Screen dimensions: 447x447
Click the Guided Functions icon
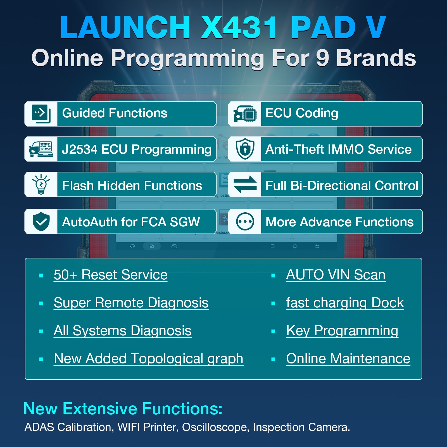[x=41, y=114]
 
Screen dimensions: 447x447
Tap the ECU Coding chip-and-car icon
[x=245, y=114]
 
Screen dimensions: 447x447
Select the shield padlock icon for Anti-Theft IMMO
[x=245, y=149]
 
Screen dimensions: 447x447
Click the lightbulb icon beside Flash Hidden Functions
[x=41, y=184]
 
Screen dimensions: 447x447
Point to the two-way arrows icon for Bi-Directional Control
[x=245, y=184]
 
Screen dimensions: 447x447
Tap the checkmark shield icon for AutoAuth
[x=41, y=221]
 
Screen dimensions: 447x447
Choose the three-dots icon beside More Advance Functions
[x=245, y=222]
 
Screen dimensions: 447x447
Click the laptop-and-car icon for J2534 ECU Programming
[x=41, y=149]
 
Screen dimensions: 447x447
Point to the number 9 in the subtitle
[x=322, y=58]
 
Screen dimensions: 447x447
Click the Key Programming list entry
[x=342, y=331]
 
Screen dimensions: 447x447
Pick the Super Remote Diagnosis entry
[x=131, y=303]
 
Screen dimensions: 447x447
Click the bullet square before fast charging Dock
[x=274, y=303]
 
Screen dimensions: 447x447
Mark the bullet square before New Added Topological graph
[x=41, y=359]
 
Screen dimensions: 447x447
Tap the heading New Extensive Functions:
[x=123, y=409]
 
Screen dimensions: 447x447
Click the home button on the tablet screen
[x=295, y=246]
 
